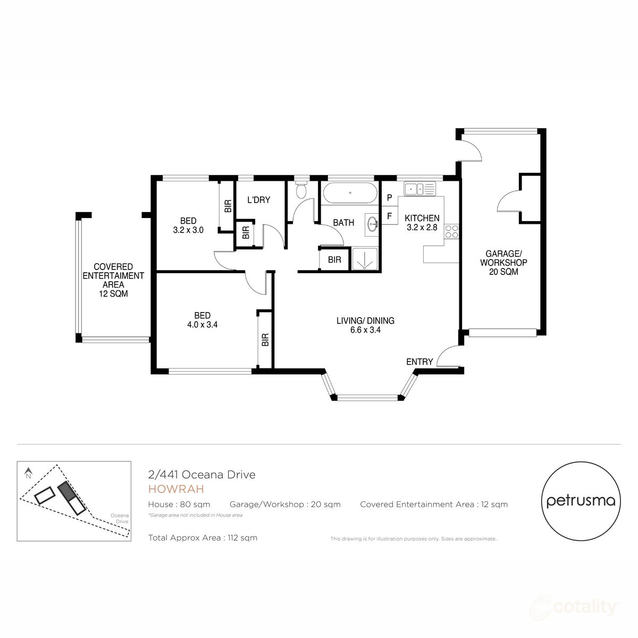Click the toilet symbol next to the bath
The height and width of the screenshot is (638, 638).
pos(301,189)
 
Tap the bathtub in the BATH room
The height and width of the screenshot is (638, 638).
pos(350,193)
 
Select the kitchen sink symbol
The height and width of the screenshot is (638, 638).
pos(419,188)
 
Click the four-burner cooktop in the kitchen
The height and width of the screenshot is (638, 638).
pos(451,231)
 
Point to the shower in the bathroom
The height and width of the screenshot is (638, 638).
pos(364,259)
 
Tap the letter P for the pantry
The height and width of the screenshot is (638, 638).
pos(389,198)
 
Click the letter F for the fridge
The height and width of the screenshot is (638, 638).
pos(389,216)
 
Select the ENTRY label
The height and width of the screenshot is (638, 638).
pos(419,362)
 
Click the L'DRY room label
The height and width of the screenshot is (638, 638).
pos(259,200)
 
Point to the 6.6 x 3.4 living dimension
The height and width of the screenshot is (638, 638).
pos(365,330)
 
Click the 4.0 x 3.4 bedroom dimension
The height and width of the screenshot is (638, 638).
pos(202,325)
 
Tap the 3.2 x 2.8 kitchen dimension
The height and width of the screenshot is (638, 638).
pos(422,228)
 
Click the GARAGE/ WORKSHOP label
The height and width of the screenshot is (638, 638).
pos(503,258)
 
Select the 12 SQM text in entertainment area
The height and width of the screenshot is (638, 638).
pos(113,293)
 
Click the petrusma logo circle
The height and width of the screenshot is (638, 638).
pos(581,501)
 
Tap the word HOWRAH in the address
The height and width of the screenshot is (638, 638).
pos(176,489)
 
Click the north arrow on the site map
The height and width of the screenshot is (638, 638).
pos(29,472)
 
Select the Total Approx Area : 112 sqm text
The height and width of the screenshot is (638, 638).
pos(203,538)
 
